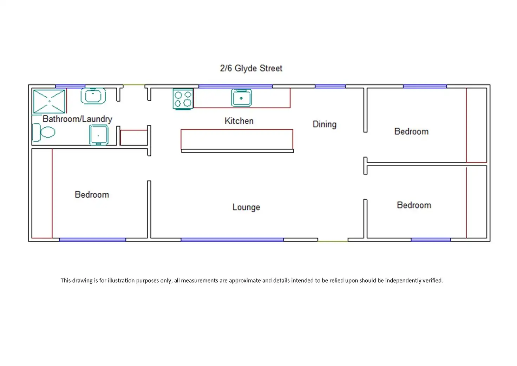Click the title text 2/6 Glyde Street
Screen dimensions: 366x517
tap(251, 68)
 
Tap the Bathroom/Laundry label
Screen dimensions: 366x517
tap(77, 119)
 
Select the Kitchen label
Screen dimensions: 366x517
tap(239, 121)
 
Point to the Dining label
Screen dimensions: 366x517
tap(325, 124)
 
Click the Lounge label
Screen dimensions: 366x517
tap(246, 207)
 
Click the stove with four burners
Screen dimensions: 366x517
tap(183, 99)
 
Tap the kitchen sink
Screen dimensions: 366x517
tap(241, 98)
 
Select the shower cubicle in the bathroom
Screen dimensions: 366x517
tap(49, 101)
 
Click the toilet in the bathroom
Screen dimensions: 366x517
tap(44, 132)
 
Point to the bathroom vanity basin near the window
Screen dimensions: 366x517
tap(93, 96)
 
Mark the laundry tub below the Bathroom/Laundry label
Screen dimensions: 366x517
tap(98, 135)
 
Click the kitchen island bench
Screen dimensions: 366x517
tap(237, 139)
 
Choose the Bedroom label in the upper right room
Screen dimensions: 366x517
tap(411, 131)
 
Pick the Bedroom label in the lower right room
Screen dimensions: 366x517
tap(414, 205)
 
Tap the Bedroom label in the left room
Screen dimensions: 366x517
tap(92, 195)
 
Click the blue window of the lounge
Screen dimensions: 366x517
tap(232, 240)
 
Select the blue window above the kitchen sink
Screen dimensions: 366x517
tap(235, 86)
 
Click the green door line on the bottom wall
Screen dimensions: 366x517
tap(333, 241)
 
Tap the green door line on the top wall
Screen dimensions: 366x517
tap(134, 85)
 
